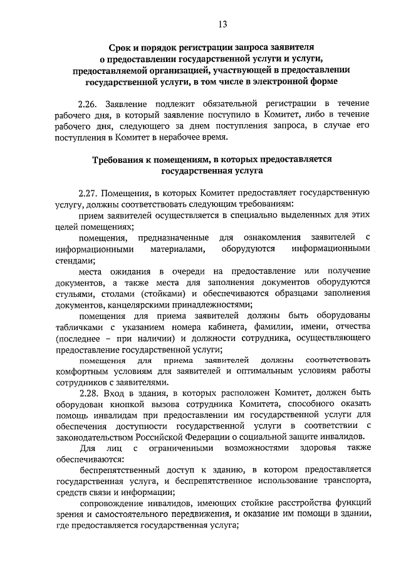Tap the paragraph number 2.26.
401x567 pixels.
89,103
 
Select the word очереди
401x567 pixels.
187,271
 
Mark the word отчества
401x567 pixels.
350,328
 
